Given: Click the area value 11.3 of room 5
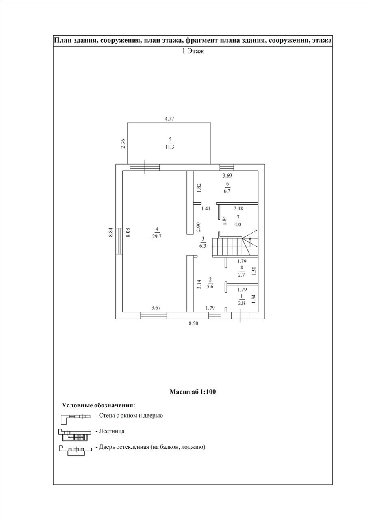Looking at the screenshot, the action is coord(170,147).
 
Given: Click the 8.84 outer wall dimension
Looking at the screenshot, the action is coord(111,233).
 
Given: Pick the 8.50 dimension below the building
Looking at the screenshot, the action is coord(193,324).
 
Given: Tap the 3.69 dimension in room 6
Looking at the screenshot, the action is coord(227,176).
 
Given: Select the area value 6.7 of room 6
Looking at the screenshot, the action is coord(227,191).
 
